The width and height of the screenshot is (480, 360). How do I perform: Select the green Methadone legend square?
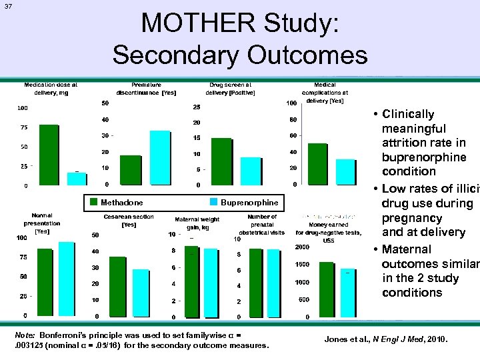[x=94, y=202]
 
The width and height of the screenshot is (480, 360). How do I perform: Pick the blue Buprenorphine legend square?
[x=214, y=202]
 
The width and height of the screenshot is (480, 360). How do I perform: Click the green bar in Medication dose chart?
[x=49, y=154]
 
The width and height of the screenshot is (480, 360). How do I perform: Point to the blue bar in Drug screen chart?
[x=250, y=171]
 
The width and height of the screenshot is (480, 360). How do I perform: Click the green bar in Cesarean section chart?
[x=117, y=286]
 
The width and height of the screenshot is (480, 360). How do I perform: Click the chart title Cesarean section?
[x=129, y=217]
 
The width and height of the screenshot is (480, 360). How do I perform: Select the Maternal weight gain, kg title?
[x=197, y=223]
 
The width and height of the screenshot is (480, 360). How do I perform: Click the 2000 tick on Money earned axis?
[x=302, y=247]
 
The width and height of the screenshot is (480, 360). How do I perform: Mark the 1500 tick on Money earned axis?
[x=302, y=265]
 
